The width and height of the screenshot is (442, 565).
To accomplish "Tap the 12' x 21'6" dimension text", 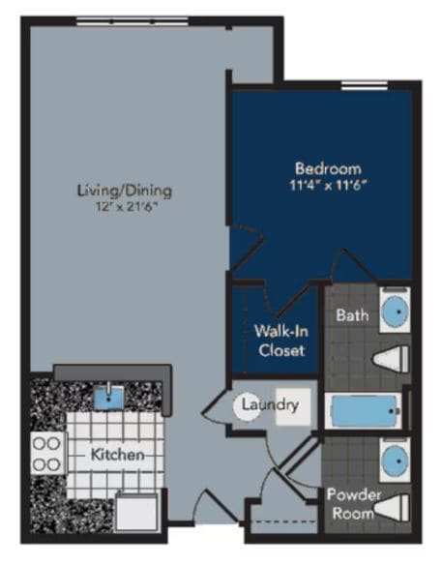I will tap(117, 205).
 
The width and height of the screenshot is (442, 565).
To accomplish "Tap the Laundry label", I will tap(271, 404).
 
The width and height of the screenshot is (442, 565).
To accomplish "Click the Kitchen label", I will tap(118, 454).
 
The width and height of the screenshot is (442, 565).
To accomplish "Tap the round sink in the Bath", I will tap(394, 312).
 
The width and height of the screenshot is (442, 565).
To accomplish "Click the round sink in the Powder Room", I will tap(394, 461).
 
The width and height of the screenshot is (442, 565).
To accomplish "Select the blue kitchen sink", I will tap(109, 395).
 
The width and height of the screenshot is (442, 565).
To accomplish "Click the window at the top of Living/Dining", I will tap(132, 20).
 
